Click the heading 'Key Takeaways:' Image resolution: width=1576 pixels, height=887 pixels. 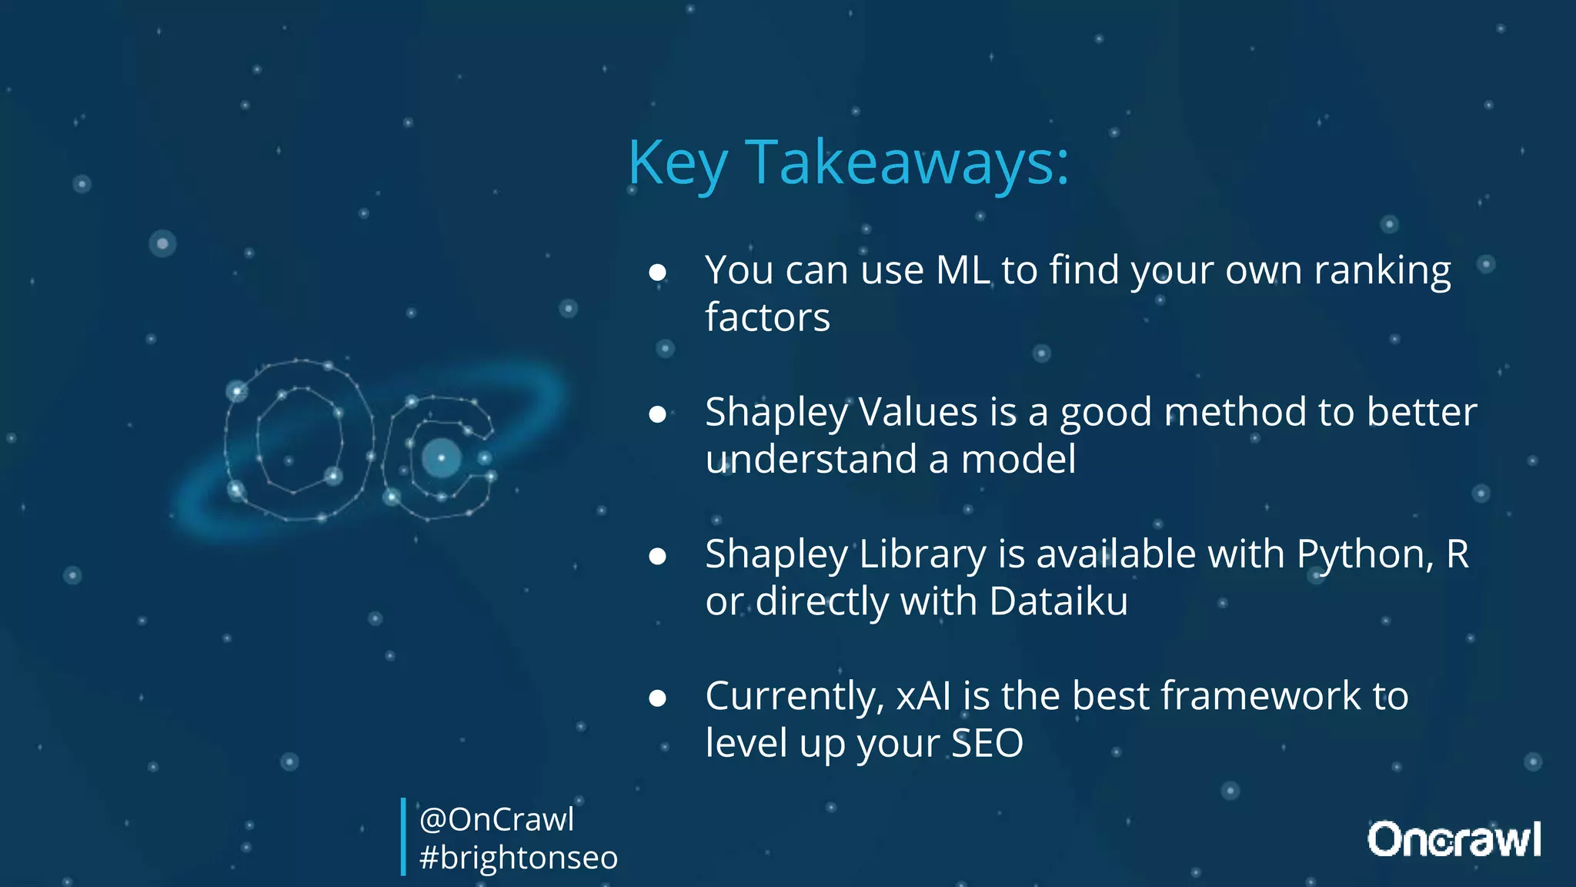coord(848,163)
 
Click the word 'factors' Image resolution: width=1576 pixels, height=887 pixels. coord(767,317)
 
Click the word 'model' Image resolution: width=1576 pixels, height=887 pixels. coord(1018,459)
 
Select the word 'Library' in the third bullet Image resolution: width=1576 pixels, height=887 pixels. coord(922,554)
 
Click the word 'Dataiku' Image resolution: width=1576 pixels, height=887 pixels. coord(1058,601)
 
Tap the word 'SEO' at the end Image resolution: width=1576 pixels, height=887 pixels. coord(987,743)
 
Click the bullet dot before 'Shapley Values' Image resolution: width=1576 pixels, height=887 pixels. coord(657,414)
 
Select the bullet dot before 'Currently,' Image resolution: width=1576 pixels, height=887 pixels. coord(657,698)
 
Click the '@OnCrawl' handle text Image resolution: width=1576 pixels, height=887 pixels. coord(496,819)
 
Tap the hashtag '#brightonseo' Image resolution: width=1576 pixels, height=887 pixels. coord(518,858)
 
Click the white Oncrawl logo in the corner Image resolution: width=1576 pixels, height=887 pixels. coord(1454,839)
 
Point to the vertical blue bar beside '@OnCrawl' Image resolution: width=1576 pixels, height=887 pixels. coord(403,837)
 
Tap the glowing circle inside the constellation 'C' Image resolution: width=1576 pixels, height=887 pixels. coord(441,458)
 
